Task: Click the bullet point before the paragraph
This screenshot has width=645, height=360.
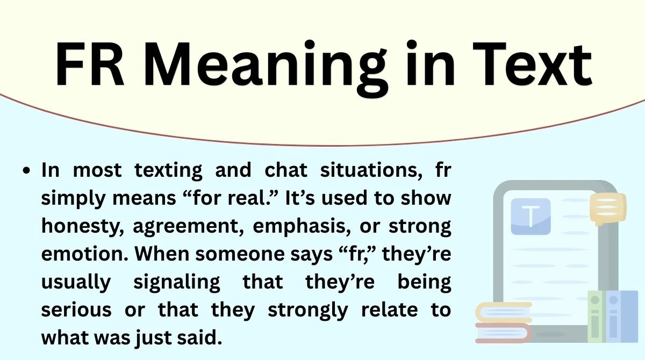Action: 27,171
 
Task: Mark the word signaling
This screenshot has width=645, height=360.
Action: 174,283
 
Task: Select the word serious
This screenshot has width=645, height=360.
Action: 77,311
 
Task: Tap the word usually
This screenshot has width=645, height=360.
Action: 77,283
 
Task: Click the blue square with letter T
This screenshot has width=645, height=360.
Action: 531,217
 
